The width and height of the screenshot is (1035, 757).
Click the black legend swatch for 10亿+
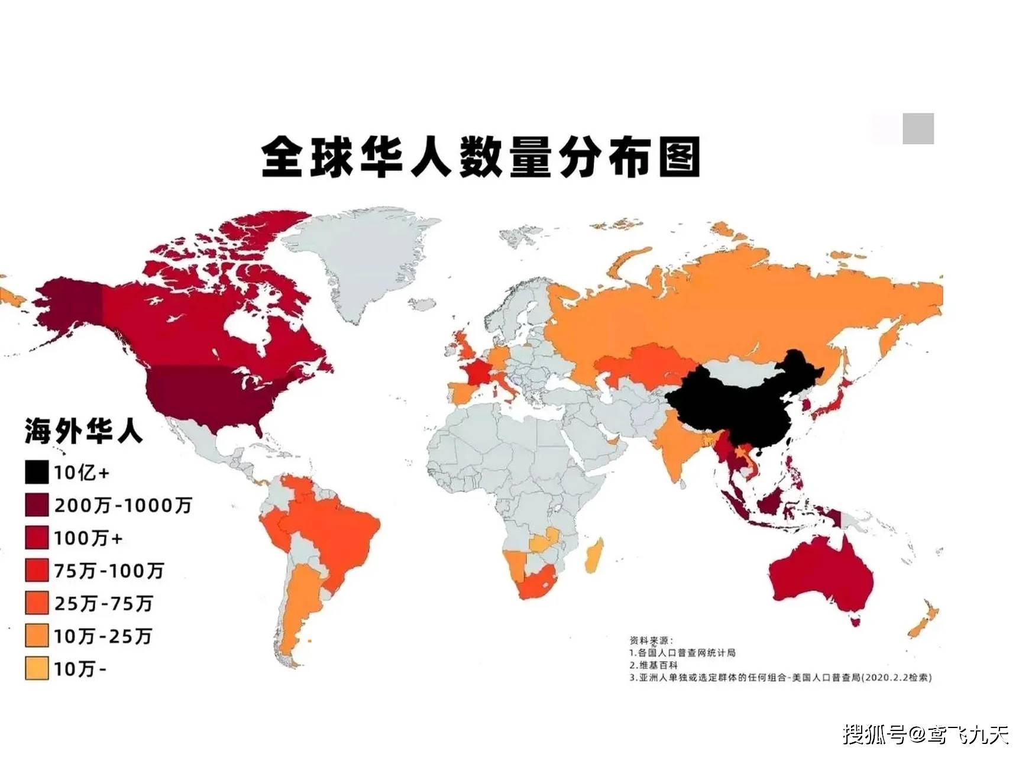click(x=36, y=472)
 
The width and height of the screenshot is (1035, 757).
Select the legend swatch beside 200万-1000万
click(x=36, y=505)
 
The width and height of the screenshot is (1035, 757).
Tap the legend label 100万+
click(x=88, y=538)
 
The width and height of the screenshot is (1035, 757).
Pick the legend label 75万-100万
click(x=109, y=571)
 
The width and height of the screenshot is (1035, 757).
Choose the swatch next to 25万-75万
click(x=36, y=603)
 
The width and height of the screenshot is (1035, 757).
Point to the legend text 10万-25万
click(x=103, y=636)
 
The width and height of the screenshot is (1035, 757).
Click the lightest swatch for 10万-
click(x=36, y=669)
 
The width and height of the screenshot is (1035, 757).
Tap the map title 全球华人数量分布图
click(x=480, y=157)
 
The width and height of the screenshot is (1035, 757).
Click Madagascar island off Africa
click(x=594, y=556)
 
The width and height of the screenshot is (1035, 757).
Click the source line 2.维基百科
click(x=653, y=665)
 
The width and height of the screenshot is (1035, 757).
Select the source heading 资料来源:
click(x=651, y=640)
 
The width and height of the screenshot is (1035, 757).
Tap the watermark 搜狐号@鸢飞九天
click(x=926, y=735)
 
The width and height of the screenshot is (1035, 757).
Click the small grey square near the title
click(x=918, y=128)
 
